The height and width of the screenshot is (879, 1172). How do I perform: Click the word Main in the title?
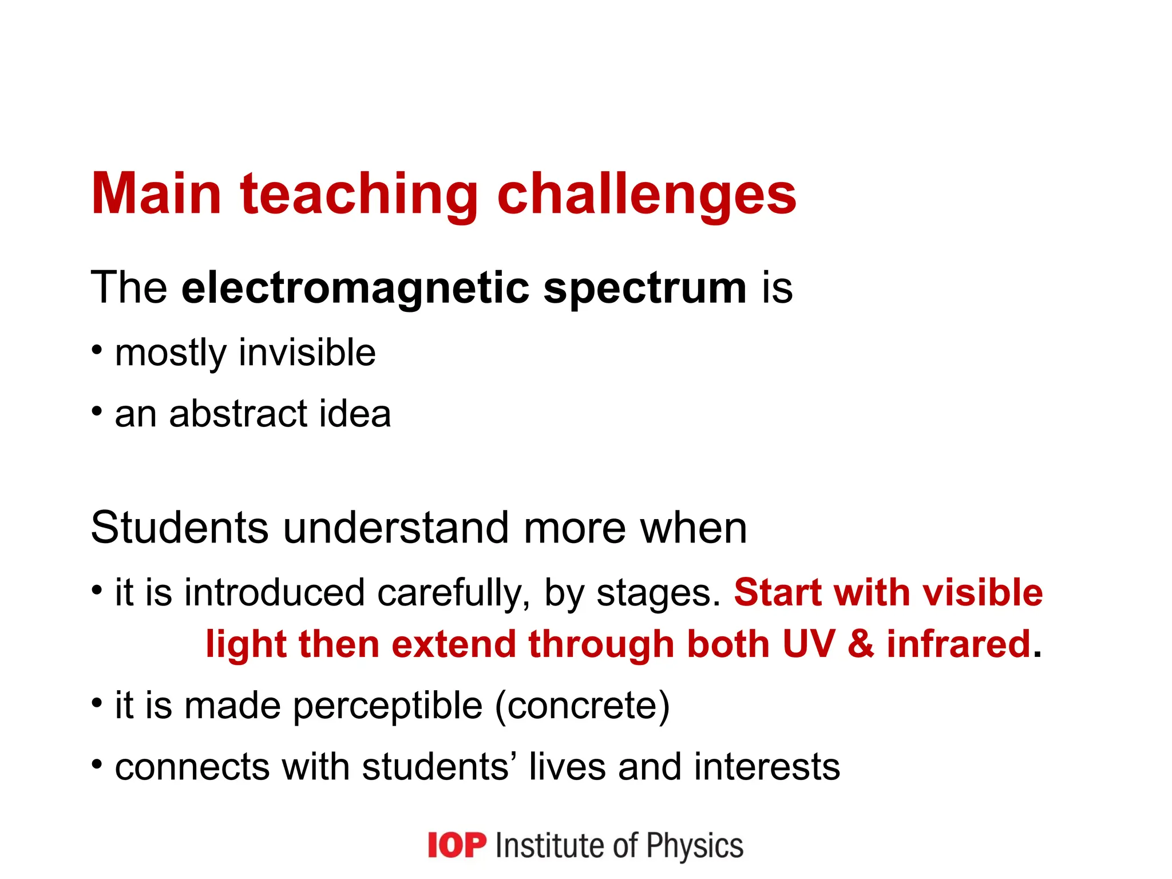coord(156,195)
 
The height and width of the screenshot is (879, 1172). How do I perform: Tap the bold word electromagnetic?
coord(355,288)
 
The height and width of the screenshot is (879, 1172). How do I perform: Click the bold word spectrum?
coord(644,288)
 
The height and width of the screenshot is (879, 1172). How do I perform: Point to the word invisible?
coord(307,353)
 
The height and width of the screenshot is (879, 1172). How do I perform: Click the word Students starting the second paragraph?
coord(180,528)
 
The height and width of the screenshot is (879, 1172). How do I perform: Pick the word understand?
coord(395,528)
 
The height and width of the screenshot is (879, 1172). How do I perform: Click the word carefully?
coord(453,593)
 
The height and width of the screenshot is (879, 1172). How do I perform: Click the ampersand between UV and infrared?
coord(861,644)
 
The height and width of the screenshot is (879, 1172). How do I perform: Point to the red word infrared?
coord(959,644)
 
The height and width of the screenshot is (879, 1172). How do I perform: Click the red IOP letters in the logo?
coord(457,845)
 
